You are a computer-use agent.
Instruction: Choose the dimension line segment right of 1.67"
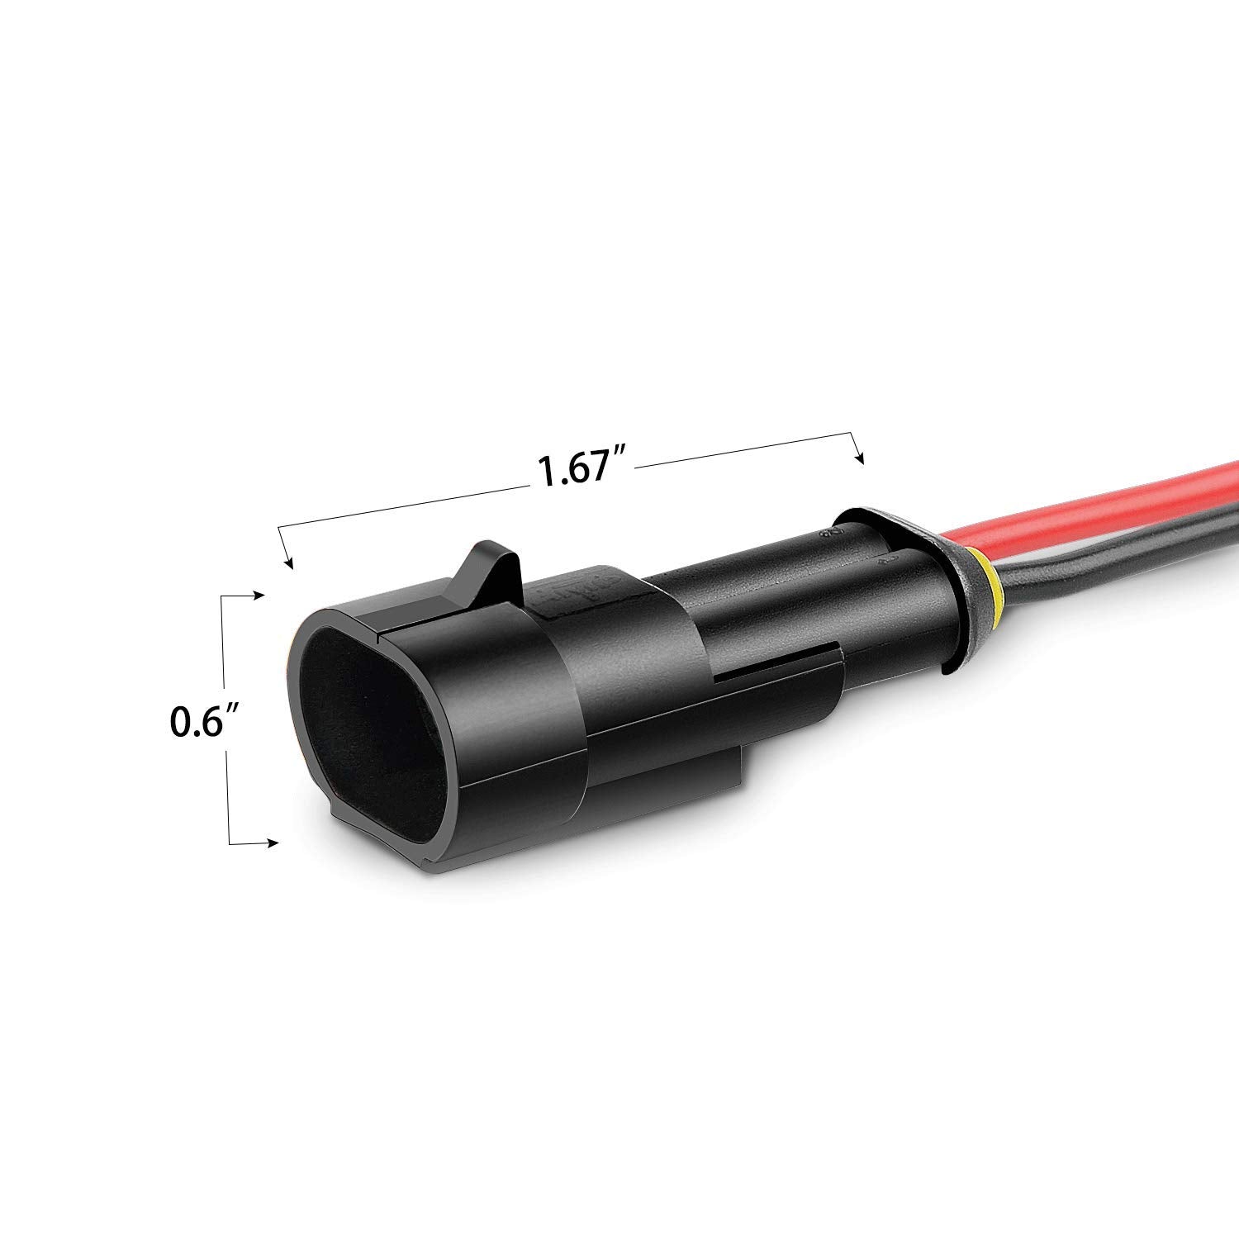point(743,450)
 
